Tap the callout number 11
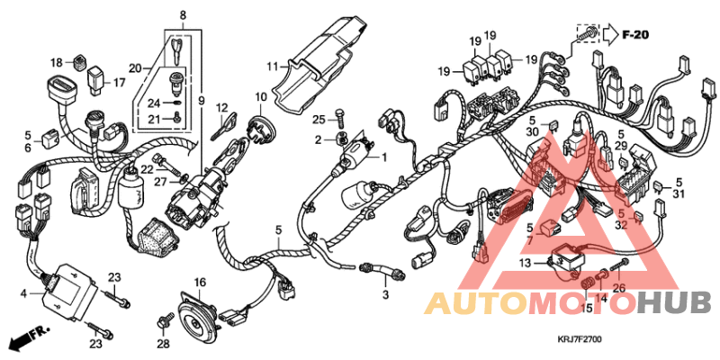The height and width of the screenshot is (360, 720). (272, 66)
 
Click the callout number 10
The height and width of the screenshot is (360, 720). (261, 96)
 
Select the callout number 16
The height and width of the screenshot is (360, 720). (199, 282)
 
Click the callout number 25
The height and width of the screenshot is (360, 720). (319, 120)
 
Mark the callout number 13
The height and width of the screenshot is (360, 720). (525, 263)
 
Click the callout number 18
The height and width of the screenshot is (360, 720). (57, 63)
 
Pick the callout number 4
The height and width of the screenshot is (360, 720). (23, 292)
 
